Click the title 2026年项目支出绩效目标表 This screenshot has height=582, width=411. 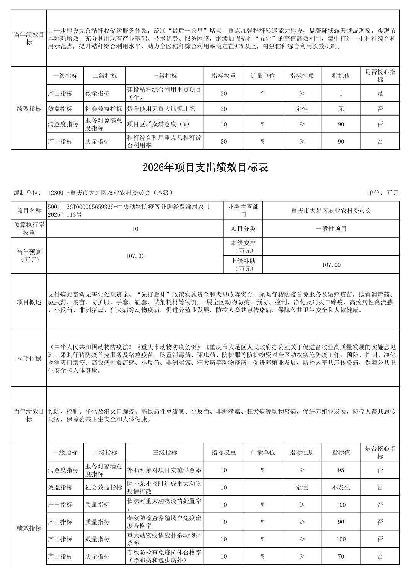pyautogui.click(x=205, y=167)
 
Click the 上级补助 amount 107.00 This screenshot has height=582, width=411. pyautogui.click(x=331, y=265)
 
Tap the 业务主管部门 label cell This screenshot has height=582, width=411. pyautogui.click(x=243, y=210)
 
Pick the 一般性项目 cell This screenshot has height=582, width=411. pyautogui.click(x=331, y=229)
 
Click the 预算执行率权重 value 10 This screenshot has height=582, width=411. pyautogui.click(x=135, y=229)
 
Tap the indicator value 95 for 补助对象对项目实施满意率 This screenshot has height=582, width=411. pyautogui.click(x=341, y=470)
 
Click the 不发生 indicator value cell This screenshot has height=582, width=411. pyautogui.click(x=341, y=487)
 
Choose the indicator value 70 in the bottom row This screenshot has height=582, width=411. pyautogui.click(x=341, y=556)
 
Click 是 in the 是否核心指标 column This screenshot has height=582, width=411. pyautogui.click(x=380, y=93)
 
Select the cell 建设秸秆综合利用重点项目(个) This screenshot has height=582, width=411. pyautogui.click(x=164, y=93)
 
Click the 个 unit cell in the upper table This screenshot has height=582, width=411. pyautogui.click(x=263, y=93)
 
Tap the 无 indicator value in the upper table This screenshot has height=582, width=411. pyautogui.click(x=341, y=109)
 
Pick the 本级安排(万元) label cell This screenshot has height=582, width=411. pyautogui.click(x=243, y=247)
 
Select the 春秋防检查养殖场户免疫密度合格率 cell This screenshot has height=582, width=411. pyautogui.click(x=164, y=522)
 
